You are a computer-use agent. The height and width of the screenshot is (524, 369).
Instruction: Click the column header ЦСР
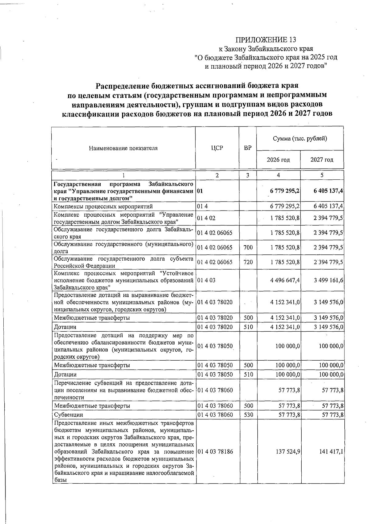click(x=217, y=148)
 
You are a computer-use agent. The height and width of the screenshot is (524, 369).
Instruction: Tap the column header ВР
click(x=248, y=148)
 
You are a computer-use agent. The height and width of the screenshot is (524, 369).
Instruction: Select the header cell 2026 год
click(x=278, y=160)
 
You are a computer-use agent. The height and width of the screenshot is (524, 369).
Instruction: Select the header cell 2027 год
click(x=322, y=160)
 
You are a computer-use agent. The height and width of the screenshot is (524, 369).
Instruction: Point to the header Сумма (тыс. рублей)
click(x=300, y=138)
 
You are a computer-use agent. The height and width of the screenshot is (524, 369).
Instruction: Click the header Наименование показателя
click(x=123, y=148)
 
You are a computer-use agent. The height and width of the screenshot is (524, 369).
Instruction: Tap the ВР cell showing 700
click(x=248, y=247)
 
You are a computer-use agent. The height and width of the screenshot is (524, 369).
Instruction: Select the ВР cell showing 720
click(x=248, y=262)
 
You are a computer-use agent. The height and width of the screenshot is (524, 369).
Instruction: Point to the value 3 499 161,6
click(x=328, y=280)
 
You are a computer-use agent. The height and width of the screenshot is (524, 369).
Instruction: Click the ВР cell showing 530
click(x=248, y=414)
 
